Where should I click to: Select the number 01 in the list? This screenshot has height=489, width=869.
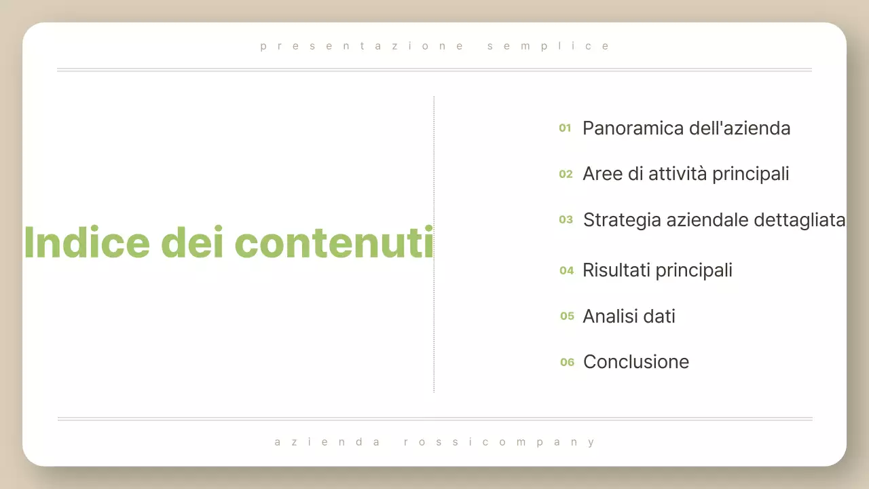click(565, 128)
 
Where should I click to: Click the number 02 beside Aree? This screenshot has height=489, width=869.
click(566, 174)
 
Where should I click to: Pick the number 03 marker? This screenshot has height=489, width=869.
click(566, 219)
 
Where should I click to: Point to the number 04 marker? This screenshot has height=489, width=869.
click(566, 270)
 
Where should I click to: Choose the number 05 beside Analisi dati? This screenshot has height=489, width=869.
click(567, 316)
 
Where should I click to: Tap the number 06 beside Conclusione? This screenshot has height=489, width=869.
click(567, 362)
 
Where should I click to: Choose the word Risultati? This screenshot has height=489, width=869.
click(617, 270)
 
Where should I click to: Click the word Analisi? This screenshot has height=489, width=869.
click(608, 316)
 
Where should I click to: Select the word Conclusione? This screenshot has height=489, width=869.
click(636, 362)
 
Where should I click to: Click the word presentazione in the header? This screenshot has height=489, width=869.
click(362, 46)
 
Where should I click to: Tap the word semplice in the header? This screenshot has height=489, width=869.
click(549, 46)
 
